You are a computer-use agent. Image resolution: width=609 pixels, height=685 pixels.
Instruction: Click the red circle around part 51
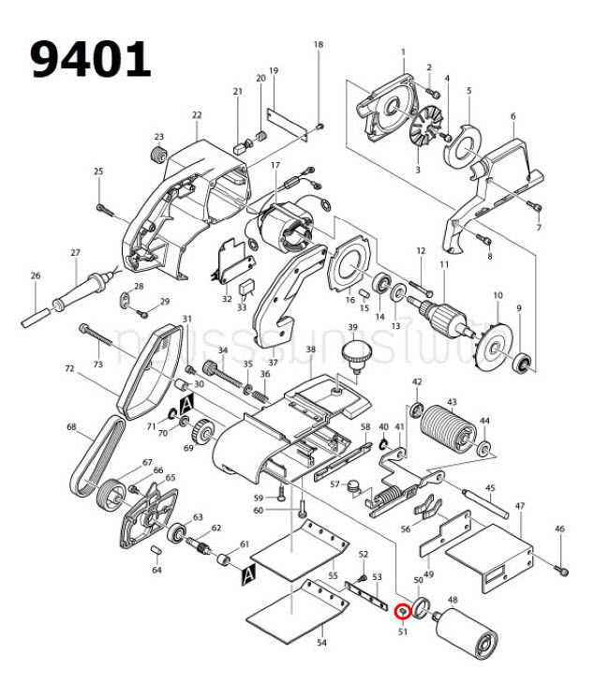point(403,611)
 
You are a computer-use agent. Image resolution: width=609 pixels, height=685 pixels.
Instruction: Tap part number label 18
point(318,45)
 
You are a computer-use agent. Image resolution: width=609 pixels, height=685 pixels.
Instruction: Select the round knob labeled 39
point(354,355)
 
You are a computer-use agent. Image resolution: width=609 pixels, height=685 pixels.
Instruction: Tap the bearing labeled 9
point(523,360)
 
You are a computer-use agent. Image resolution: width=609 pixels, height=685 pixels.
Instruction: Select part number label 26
point(36,275)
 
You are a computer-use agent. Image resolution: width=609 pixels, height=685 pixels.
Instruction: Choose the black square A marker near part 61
point(248,570)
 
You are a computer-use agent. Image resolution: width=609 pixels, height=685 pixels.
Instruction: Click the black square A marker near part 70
point(186,403)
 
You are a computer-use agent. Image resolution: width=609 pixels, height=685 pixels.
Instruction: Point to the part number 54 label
point(321,644)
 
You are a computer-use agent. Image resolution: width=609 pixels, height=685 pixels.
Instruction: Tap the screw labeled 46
point(562,568)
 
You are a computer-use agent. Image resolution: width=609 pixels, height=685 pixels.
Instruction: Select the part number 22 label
point(197,115)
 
